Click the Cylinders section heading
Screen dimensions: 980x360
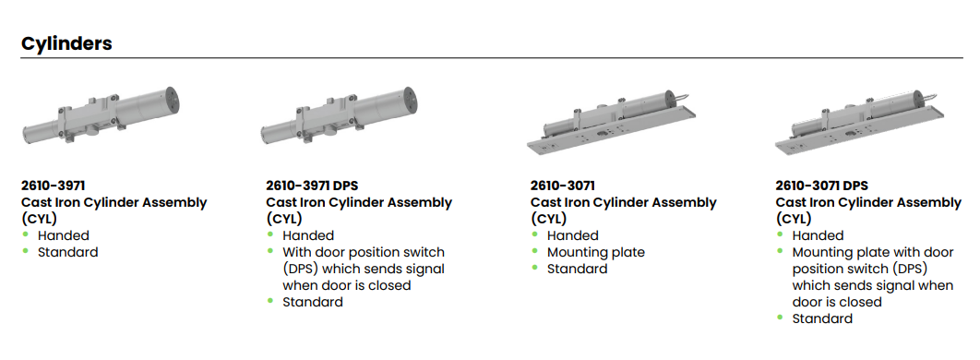66,43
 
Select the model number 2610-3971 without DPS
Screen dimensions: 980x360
54,186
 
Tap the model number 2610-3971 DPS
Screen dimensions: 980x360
312,186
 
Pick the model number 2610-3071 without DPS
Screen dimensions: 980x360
563,186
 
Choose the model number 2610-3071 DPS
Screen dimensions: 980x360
822,186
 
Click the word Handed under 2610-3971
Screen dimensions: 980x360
63,235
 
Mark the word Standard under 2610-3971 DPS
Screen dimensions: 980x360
313,302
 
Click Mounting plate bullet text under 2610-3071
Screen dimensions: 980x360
595,253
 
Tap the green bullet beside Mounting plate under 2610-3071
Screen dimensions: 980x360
534,251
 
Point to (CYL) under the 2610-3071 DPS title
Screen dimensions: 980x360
793,219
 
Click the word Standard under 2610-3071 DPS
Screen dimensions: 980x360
822,318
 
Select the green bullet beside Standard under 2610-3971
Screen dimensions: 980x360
25,251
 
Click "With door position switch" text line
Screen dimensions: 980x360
364,253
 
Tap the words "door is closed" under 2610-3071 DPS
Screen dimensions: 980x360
837,302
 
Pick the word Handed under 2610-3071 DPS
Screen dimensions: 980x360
819,235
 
